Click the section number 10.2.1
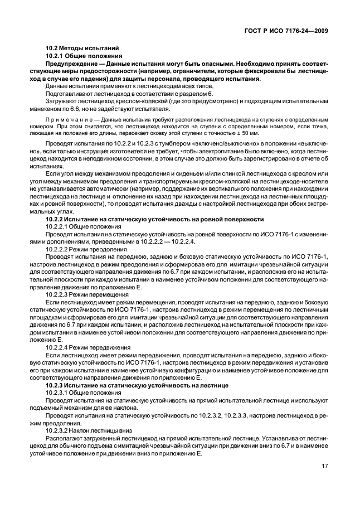[x=54, y=56]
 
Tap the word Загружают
[x=59, y=103]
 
